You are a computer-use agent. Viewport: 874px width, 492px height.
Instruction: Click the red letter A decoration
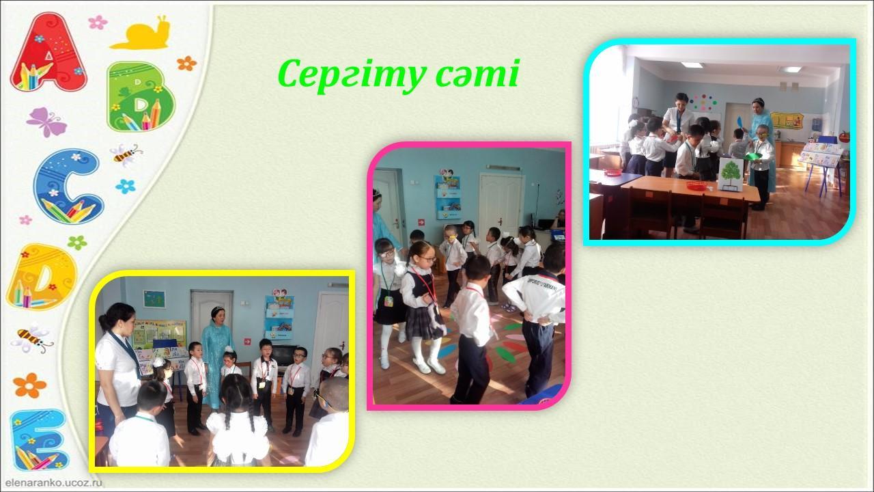click(x=48, y=53)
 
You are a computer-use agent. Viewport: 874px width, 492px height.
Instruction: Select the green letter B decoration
click(x=141, y=97)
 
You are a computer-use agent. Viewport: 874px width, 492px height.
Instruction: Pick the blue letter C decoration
click(x=69, y=187)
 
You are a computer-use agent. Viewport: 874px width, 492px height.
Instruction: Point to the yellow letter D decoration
click(x=42, y=277)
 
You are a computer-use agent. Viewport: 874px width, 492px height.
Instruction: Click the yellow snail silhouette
click(x=141, y=33)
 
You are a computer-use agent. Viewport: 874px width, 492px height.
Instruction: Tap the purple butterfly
click(x=46, y=122)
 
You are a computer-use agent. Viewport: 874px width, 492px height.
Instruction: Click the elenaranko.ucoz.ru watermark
click(x=54, y=482)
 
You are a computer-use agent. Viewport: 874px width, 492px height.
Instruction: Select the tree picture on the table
click(x=731, y=174)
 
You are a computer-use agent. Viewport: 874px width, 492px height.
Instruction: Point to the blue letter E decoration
click(x=40, y=439)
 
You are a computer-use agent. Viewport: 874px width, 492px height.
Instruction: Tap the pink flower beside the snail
click(x=98, y=23)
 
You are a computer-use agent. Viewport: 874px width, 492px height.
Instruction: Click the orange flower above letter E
click(x=29, y=385)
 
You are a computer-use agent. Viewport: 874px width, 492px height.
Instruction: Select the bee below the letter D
click(x=32, y=338)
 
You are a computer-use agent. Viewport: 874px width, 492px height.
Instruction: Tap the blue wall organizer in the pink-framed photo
click(x=448, y=197)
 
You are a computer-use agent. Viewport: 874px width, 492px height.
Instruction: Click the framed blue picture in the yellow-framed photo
click(x=154, y=299)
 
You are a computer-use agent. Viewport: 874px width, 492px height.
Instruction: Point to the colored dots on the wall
click(x=703, y=102)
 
